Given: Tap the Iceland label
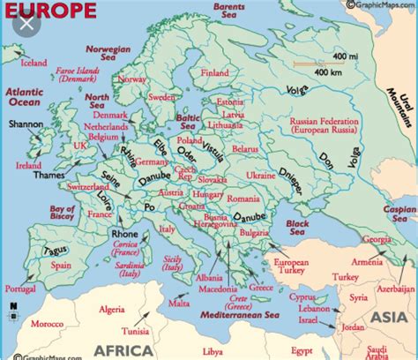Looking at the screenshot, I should [x=34, y=63].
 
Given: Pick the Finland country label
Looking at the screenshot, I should [x=214, y=72].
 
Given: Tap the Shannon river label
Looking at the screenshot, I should [x=27, y=124].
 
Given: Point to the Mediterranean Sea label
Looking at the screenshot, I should [x=232, y=314].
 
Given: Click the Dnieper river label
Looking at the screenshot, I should [x=299, y=173].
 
